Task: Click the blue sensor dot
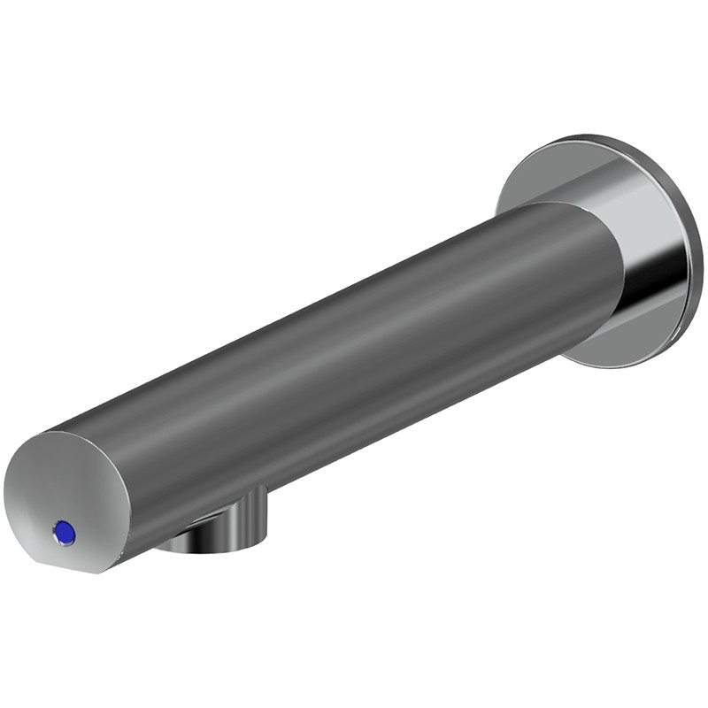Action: click(64, 533)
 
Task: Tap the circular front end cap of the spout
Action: click(66, 496)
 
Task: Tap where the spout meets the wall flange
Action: click(611, 265)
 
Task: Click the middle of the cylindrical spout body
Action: click(354, 363)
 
